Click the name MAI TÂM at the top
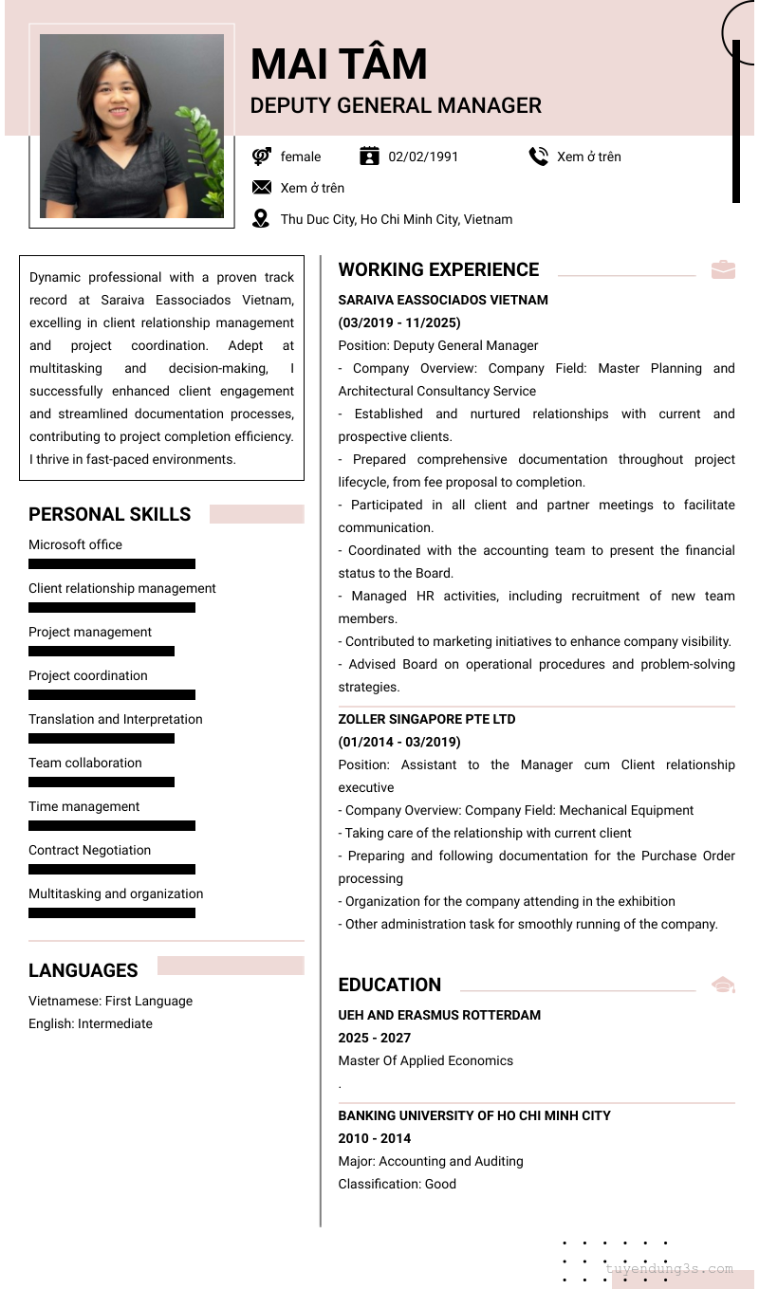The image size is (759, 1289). (339, 64)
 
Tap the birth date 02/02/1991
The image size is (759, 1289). (423, 157)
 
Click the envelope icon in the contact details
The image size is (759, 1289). (261, 188)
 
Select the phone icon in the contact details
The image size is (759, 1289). (539, 157)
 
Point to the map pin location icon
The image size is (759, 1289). (261, 219)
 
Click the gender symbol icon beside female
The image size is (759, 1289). (261, 157)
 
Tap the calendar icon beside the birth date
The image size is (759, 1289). (370, 157)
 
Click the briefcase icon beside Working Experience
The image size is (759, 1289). (723, 269)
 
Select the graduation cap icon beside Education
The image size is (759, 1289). (723, 985)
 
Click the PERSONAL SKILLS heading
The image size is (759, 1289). (109, 514)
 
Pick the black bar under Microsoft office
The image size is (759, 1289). (112, 563)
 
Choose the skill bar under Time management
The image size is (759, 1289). (112, 825)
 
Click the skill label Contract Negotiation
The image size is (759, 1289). (89, 850)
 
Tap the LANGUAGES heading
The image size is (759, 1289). (83, 970)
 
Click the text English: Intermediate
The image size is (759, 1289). (90, 1023)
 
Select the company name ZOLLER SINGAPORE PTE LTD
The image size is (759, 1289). (427, 719)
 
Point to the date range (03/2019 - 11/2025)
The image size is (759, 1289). (399, 322)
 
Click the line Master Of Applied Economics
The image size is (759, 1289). (425, 1060)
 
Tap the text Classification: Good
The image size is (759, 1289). (397, 1184)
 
